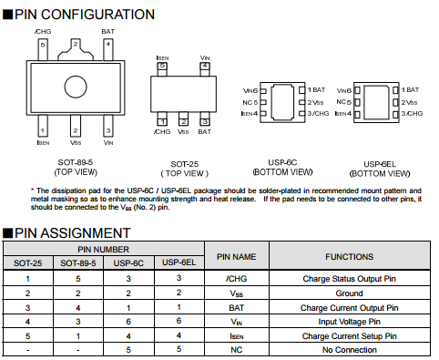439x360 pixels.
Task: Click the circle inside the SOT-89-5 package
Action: click(76, 87)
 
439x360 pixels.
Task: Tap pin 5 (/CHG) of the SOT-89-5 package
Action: click(43, 49)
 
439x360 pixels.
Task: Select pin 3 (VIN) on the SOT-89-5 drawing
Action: click(108, 126)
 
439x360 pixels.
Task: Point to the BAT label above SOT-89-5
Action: click(108, 32)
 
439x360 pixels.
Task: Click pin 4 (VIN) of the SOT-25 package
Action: click(205, 69)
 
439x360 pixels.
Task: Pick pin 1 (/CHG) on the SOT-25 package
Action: click(162, 118)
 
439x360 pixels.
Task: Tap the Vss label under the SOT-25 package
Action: click(183, 132)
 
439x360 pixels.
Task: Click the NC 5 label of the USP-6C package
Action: click(250, 102)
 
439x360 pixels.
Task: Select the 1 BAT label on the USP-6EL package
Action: click(410, 90)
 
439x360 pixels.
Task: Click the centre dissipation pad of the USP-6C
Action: click(282, 102)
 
